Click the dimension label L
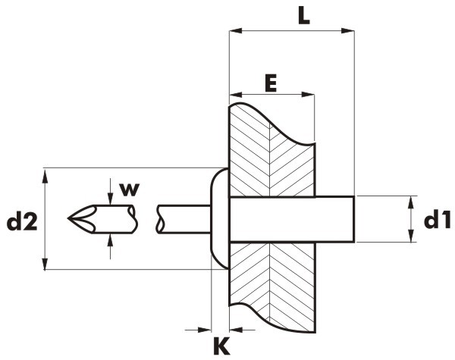[304, 17]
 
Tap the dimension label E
[271, 83]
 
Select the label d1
[438, 220]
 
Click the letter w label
[130, 190]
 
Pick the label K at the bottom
[221, 346]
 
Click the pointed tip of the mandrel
[68, 218]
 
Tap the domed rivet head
[219, 218]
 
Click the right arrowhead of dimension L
[348, 31]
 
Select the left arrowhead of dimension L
[236, 31]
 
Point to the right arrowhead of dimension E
[308, 95]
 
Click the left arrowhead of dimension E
[236, 95]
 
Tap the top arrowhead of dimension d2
[45, 177]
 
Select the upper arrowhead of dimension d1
[410, 203]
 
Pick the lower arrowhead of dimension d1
[410, 236]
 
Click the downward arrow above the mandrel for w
[110, 192]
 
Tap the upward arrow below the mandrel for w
[110, 246]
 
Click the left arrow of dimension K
[198, 330]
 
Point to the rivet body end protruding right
[335, 219]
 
